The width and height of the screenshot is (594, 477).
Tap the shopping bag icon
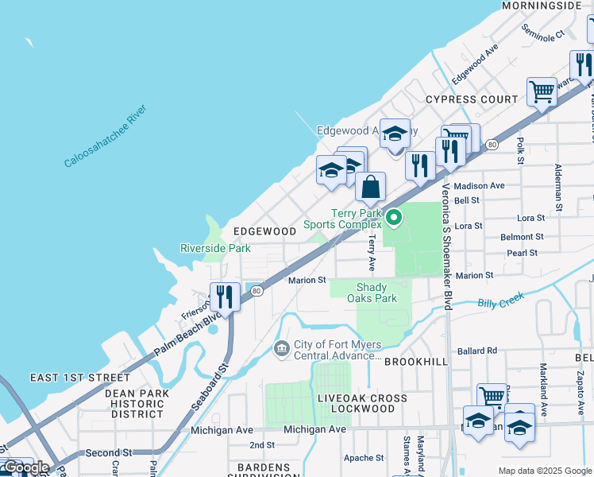pyautogui.click(x=370, y=188)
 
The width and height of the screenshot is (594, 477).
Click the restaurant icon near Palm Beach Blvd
pyautogui.click(x=225, y=297)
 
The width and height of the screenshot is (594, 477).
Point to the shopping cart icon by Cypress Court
pyautogui.click(x=542, y=91)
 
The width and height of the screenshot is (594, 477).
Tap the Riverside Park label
pyautogui.click(x=215, y=248)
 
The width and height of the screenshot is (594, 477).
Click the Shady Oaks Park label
pyautogui.click(x=372, y=293)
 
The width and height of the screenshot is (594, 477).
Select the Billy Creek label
pyautogui.click(x=502, y=301)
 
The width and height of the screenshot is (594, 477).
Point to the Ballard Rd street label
pyautogui.click(x=476, y=351)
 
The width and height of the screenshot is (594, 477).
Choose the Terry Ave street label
pyautogui.click(x=371, y=253)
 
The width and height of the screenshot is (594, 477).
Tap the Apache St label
pyautogui.click(x=364, y=458)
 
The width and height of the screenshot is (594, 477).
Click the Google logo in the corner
pyautogui.click(x=26, y=467)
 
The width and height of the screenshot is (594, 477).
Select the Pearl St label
pyautogui.click(x=523, y=253)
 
